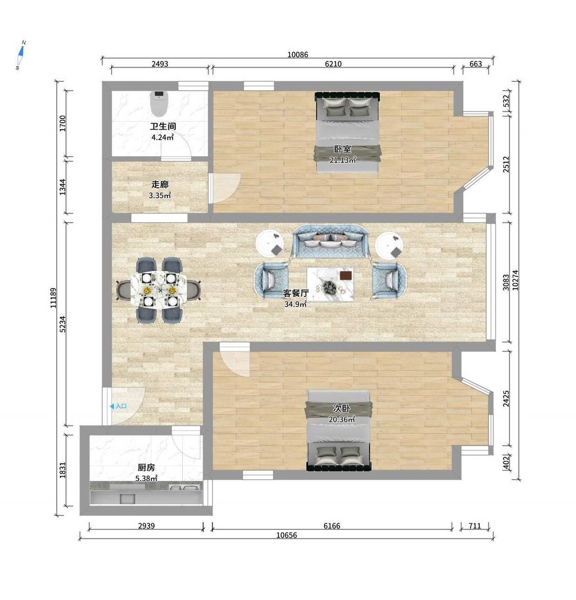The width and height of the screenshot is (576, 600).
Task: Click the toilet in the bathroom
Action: (158, 103)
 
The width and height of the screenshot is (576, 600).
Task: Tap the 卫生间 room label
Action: (163, 126)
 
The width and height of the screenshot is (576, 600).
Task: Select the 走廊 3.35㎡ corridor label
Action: (160, 190)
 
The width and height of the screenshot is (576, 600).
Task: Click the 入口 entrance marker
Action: (118, 406)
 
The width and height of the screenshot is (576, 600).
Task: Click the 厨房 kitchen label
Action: (146, 467)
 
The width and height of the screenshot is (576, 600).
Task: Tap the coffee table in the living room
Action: (330, 284)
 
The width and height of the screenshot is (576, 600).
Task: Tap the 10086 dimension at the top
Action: (298, 54)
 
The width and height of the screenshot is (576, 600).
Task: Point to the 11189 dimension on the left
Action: (54, 298)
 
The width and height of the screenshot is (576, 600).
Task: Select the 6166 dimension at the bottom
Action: (332, 526)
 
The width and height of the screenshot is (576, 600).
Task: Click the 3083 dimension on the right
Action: (506, 283)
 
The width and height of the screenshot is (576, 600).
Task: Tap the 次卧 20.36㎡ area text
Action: (342, 414)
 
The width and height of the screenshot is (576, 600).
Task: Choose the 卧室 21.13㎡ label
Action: (343, 155)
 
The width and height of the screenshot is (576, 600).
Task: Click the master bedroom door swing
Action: (225, 188)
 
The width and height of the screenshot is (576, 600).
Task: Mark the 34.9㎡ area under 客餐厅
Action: (295, 304)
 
